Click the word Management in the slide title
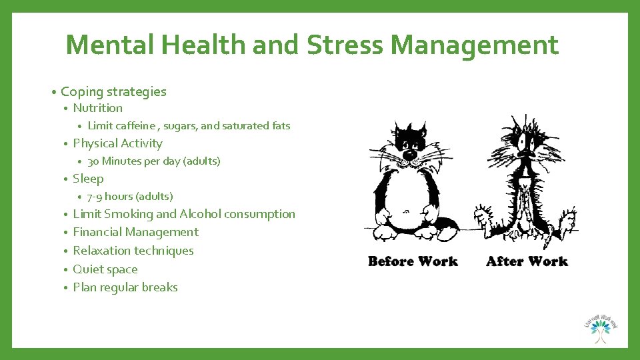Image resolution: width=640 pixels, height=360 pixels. [x=475, y=45]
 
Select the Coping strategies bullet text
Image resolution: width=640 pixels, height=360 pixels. [x=113, y=91]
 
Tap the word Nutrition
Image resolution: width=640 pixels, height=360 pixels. [x=97, y=108]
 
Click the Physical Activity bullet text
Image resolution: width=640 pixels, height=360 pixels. [x=117, y=143]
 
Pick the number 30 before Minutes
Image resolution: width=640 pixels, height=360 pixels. [x=93, y=161]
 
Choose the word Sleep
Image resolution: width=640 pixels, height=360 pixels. [x=88, y=179]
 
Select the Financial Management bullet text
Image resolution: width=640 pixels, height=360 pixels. [x=135, y=232]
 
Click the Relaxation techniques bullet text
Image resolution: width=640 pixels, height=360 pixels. [x=133, y=251]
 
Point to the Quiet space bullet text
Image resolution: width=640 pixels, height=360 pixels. [x=105, y=269]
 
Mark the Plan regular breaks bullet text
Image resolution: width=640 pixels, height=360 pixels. [x=125, y=287]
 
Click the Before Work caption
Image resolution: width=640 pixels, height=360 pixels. [x=413, y=261]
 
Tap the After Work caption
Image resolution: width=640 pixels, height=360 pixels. [x=527, y=261]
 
